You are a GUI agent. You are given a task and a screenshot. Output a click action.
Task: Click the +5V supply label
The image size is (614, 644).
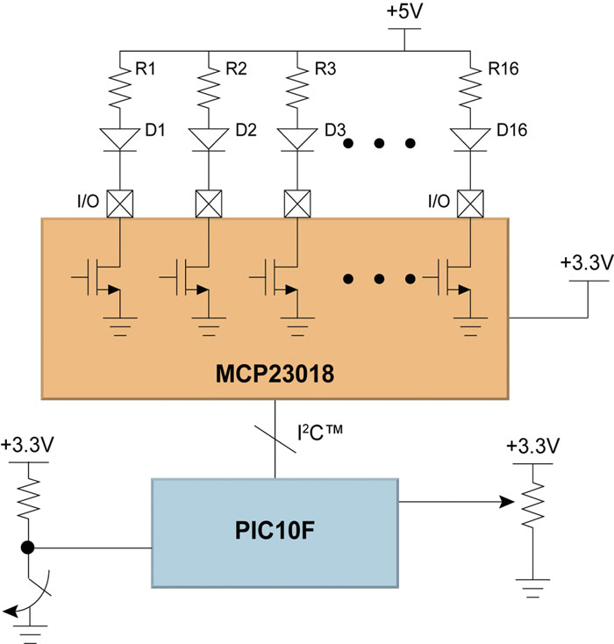click(403, 13)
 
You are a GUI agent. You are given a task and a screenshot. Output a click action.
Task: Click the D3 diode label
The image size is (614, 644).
click(334, 131)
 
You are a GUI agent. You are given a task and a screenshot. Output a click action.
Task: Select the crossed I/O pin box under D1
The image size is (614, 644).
click(118, 204)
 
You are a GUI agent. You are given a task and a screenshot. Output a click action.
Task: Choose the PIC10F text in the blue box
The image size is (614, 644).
click(275, 532)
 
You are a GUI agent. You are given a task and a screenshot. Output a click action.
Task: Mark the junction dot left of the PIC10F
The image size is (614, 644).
click(29, 548)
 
